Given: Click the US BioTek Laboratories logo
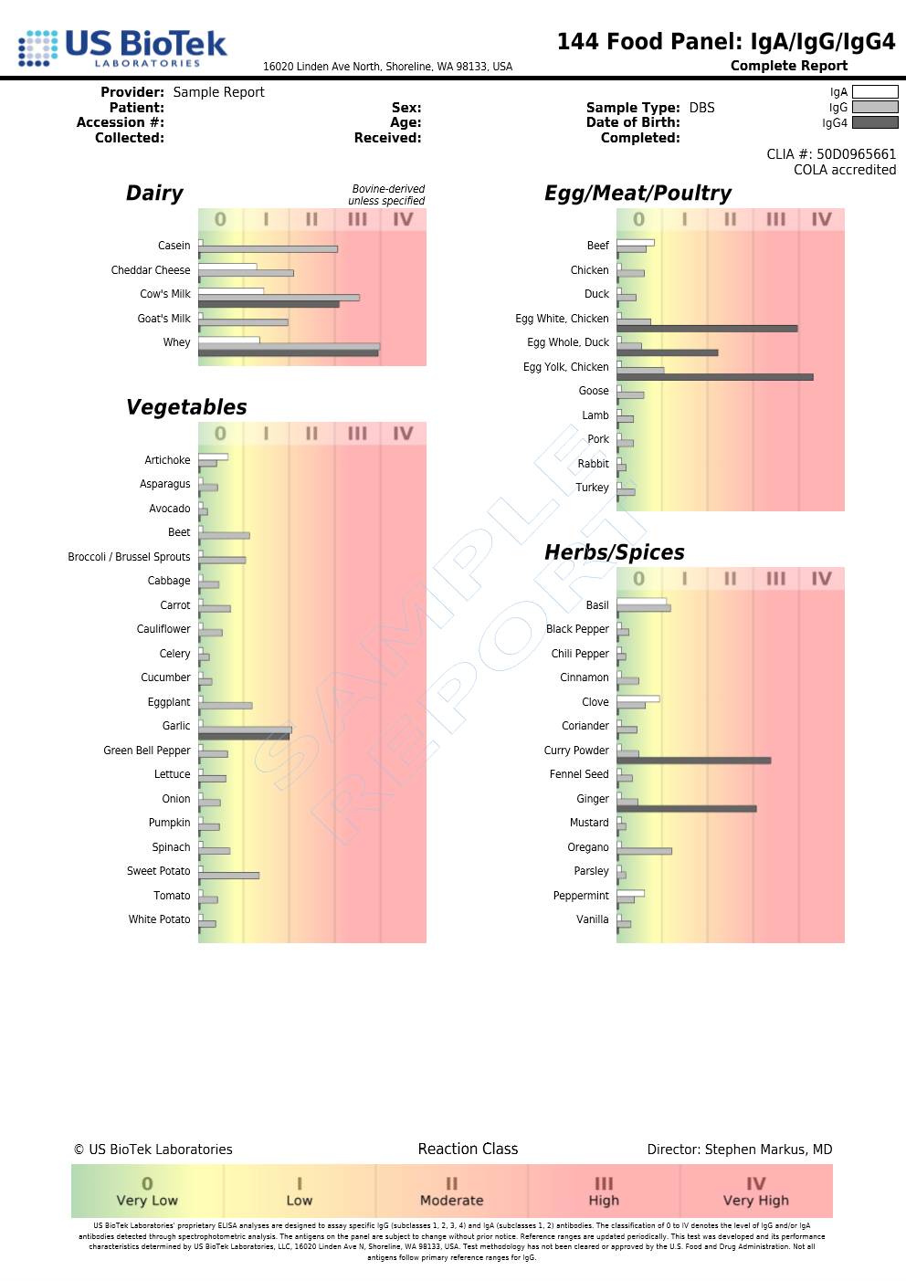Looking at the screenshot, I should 122,47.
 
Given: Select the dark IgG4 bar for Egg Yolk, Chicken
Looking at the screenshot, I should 714,376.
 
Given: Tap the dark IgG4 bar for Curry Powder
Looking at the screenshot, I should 693,760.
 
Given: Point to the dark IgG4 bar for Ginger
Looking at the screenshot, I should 686,808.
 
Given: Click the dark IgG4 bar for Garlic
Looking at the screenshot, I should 243,736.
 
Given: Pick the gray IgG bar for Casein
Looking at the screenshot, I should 268,248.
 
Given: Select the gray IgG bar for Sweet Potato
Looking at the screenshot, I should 229,876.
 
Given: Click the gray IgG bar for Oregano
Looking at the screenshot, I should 645,851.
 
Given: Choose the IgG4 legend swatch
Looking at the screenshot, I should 874,122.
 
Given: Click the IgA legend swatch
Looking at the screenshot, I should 874,92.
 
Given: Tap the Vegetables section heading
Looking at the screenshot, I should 186,407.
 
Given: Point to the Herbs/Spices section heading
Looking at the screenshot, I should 614,552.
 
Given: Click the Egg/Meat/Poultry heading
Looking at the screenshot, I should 637,194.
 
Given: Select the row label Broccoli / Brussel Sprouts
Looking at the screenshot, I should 129,557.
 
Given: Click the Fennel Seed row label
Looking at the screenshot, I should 578,774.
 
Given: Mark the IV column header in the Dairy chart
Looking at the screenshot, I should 403,219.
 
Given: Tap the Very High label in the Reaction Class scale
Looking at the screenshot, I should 755,1201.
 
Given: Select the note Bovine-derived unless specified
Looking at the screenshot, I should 387,194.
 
